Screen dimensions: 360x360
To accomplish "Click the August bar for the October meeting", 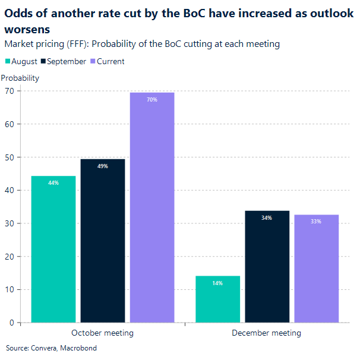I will click(53, 250).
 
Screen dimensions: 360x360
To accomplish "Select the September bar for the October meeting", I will click(103, 241).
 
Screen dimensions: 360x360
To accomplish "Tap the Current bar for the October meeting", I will click(152, 208).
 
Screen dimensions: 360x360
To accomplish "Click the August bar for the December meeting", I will click(217, 299).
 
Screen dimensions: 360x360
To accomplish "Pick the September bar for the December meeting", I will click(267, 267).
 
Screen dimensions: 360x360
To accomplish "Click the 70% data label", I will click(152, 100).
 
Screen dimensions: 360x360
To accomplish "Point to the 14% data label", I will click(217, 283).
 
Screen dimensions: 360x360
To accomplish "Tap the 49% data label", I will click(103, 166).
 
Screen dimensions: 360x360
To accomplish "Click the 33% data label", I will click(316, 222).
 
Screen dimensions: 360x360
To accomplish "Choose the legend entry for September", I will click(64, 62).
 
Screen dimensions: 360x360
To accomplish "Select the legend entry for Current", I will click(107, 62).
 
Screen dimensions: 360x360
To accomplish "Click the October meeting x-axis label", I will click(102, 333).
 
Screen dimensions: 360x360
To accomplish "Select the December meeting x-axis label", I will click(266, 333).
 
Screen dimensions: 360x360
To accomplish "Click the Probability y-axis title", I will click(20, 78).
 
